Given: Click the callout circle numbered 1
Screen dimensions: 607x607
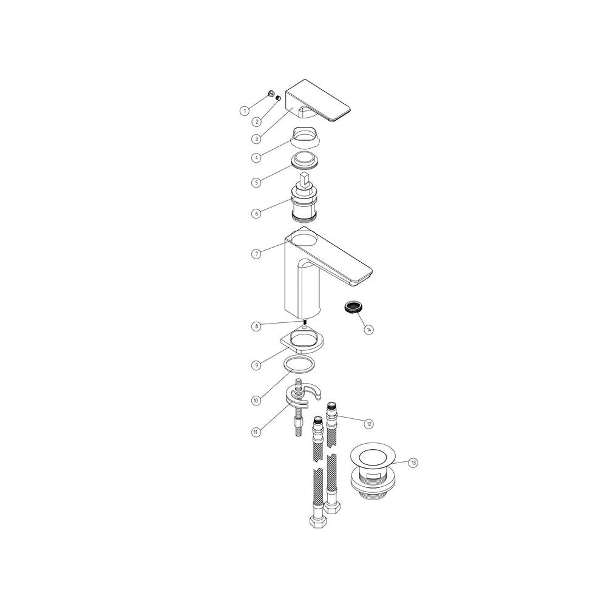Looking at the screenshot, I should point(244,110).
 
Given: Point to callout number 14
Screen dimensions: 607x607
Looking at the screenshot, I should point(369,330).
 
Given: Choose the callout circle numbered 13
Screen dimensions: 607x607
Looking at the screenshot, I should point(413,463).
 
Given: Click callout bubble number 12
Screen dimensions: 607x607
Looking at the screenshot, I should point(368,422).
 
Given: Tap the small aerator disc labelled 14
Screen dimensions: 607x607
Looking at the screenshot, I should point(353,306).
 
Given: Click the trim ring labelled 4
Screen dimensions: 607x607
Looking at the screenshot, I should point(303,136).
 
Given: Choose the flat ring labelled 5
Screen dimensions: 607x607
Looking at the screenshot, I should point(305,161).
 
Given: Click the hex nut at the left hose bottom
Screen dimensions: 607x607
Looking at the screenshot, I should point(317,523).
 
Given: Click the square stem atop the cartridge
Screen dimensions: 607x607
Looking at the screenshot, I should point(305,181).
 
